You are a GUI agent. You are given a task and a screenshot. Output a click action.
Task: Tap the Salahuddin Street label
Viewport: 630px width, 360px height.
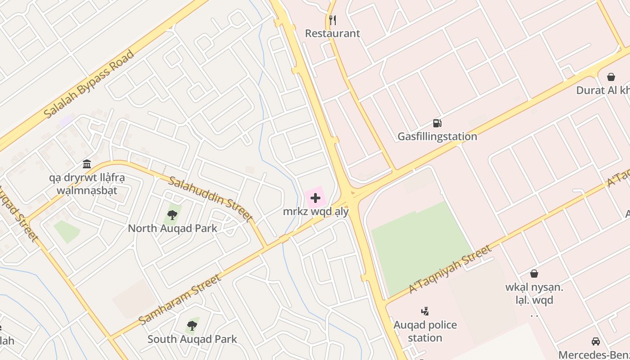click(x=210, y=199)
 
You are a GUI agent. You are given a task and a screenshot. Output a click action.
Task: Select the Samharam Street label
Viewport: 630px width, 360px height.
click(x=180, y=299)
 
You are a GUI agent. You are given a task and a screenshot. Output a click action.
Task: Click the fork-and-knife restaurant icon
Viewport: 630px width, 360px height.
click(x=333, y=20)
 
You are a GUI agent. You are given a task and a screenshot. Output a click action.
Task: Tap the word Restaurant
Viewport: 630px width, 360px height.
click(x=333, y=33)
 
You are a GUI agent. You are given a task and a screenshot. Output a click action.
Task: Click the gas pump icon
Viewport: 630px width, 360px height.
click(x=437, y=123)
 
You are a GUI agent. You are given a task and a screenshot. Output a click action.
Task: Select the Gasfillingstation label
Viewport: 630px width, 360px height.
click(x=437, y=136)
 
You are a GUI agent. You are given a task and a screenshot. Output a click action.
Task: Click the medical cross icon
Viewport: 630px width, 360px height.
click(x=315, y=198)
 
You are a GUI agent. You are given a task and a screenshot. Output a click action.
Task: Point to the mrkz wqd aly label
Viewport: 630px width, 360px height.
click(x=316, y=211)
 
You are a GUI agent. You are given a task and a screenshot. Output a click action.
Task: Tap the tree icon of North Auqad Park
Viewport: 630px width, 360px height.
click(x=172, y=215)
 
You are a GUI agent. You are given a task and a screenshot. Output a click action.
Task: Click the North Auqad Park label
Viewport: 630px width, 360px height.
click(x=172, y=228)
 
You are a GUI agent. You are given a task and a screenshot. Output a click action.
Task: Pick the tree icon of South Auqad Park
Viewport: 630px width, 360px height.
click(x=192, y=325)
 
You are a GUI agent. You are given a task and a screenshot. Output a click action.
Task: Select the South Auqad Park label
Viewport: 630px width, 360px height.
click(x=192, y=339)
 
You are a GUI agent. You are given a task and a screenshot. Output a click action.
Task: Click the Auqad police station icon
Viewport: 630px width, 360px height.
click(x=425, y=311)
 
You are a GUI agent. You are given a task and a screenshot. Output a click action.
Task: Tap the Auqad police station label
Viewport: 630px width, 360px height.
click(x=425, y=331)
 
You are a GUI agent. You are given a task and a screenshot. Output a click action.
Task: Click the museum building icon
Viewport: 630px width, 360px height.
click(x=87, y=164)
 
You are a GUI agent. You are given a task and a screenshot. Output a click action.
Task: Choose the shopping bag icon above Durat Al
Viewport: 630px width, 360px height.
click(x=611, y=77)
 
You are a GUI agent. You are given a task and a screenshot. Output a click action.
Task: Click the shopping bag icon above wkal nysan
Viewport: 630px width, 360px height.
click(x=534, y=273)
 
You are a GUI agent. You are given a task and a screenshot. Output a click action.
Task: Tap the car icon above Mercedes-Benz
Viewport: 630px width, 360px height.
click(x=596, y=341)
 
